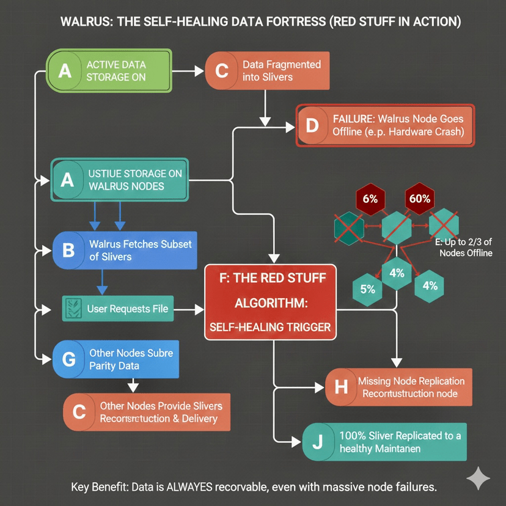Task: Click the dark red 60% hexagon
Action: coord(420,199)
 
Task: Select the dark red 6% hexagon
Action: coord(370,199)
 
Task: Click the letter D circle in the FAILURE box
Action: coord(312,126)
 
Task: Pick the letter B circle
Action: coord(68,250)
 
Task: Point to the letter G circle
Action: coord(69,359)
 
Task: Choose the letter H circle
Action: coord(341,387)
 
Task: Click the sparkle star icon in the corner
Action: coord(478,478)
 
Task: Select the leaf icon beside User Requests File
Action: coord(73,309)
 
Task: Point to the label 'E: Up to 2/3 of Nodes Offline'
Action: coord(463,248)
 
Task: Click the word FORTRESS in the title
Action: coord(281,22)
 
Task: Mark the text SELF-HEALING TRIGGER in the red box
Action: coord(269,327)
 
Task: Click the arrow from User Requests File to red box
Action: coord(189,309)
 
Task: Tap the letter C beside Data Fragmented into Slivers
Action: coord(221,71)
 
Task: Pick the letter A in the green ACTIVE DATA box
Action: coord(65,71)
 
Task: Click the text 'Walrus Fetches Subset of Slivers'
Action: coord(140,250)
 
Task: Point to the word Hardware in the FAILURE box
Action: coord(405,132)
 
